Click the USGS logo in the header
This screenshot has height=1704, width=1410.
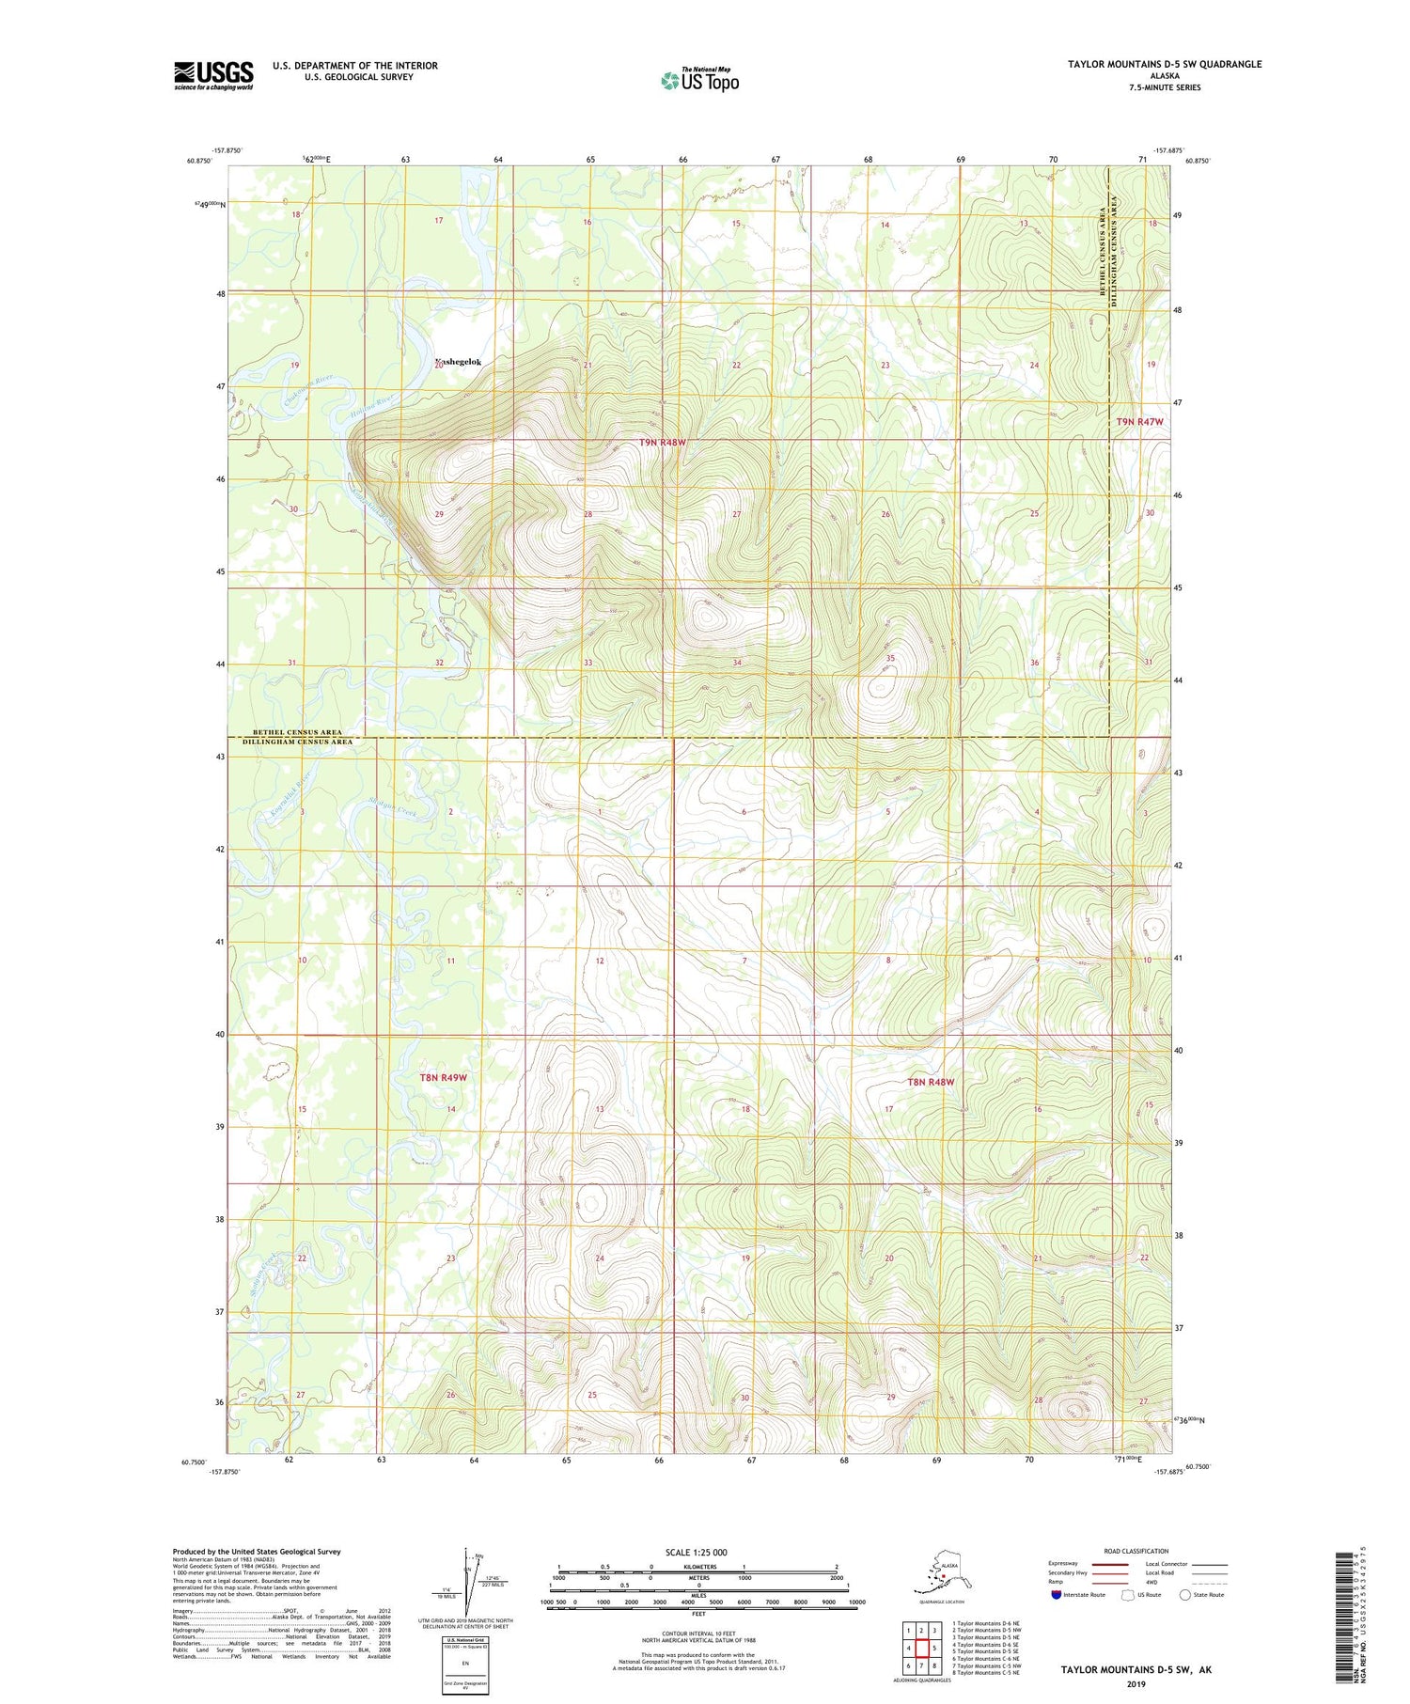click(213, 75)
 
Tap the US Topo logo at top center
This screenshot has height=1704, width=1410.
click(699, 80)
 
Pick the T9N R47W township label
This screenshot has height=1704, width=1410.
click(1139, 422)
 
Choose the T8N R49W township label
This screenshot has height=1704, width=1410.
click(443, 1077)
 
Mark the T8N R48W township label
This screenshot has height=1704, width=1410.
click(931, 1082)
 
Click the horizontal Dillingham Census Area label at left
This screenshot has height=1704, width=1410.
click(298, 742)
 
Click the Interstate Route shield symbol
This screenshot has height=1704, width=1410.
click(1057, 1595)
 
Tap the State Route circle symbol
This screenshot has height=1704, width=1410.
click(1185, 1595)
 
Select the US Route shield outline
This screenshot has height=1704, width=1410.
click(1128, 1595)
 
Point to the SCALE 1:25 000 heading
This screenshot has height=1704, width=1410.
click(695, 1553)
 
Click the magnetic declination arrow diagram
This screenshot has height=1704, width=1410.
click(467, 1574)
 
